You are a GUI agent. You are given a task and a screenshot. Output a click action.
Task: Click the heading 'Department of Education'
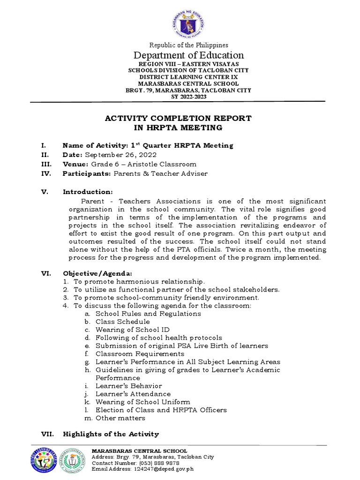pos(189,55)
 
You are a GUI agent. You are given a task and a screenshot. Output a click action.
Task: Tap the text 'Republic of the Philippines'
pos(189,45)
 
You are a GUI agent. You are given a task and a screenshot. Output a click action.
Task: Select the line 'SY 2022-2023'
pos(189,97)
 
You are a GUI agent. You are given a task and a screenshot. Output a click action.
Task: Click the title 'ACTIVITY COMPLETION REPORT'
pos(178,118)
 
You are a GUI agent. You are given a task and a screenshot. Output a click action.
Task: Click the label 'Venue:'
pos(75,164)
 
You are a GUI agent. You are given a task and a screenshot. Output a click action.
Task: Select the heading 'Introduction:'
pos(88,192)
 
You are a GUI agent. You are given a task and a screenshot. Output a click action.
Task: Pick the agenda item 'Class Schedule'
pos(123,322)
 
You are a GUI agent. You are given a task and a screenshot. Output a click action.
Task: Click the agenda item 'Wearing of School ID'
pos(133,330)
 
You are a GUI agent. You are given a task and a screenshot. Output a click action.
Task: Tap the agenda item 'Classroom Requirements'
pos(140,354)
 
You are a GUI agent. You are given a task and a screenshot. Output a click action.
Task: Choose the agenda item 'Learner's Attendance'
pos(133,394)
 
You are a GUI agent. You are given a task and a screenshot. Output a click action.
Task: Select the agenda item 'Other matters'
pos(120,418)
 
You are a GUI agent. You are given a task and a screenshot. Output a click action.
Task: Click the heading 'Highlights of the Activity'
pos(111,434)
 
